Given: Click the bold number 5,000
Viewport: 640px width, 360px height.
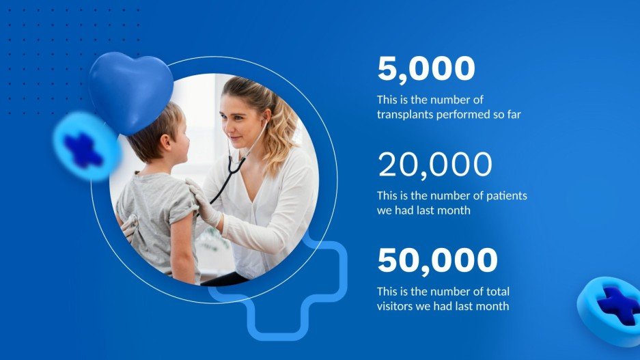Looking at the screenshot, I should (x=426, y=70).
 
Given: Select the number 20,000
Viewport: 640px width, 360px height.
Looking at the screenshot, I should (x=434, y=165).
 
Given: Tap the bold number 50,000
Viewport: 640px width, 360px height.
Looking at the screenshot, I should (x=437, y=261).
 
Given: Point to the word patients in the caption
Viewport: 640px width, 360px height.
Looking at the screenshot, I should (x=506, y=196).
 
